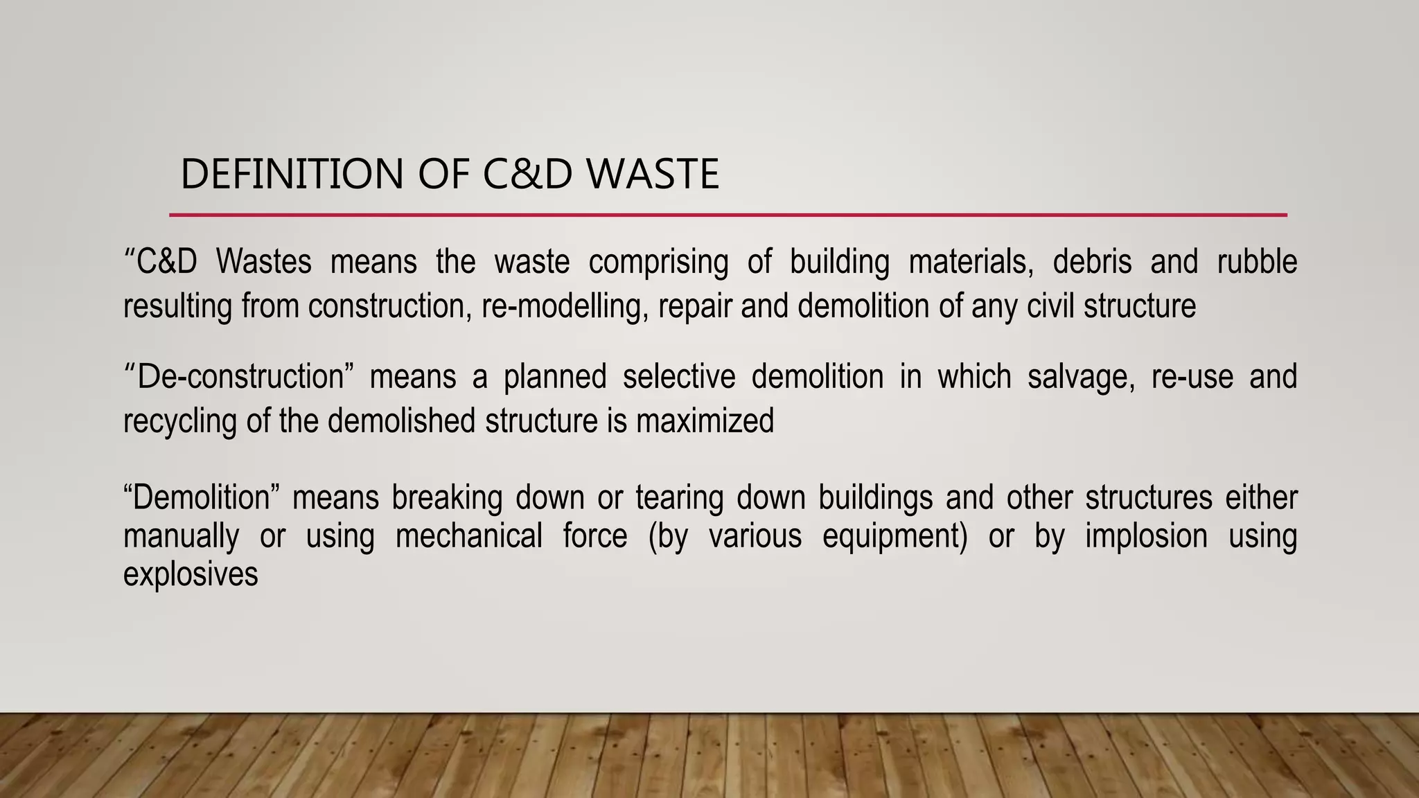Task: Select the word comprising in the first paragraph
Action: pyautogui.click(x=658, y=263)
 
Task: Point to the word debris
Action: pyautogui.click(x=1092, y=262)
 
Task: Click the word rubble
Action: pyautogui.click(x=1257, y=262)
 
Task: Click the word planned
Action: pyautogui.click(x=554, y=378)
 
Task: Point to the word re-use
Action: pyautogui.click(x=1192, y=378)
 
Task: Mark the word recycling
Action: pyautogui.click(x=180, y=422)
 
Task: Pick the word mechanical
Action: pyautogui.click(x=468, y=537)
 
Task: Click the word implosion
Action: pyautogui.click(x=1146, y=537)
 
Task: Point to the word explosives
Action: pyautogui.click(x=191, y=574)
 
